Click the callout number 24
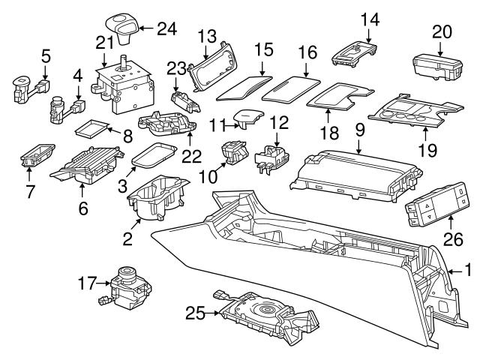pyautogui.click(x=167, y=29)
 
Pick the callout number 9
pyautogui.click(x=360, y=130)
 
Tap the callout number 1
pyautogui.click(x=469, y=268)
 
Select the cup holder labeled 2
pyautogui.click(x=156, y=201)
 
